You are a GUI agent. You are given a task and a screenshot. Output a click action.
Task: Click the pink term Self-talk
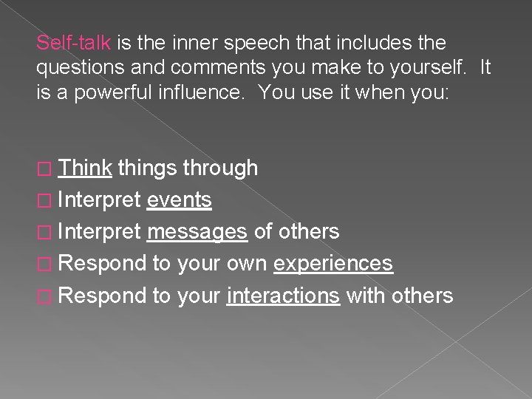(73, 44)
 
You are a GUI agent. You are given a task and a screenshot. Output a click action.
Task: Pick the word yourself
(431, 69)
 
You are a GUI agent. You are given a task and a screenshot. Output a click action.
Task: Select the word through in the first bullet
(219, 168)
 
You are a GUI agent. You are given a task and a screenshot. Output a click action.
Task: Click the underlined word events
(180, 200)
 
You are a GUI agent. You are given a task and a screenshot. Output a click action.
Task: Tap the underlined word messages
(197, 232)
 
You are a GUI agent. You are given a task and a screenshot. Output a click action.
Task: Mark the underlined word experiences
(333, 264)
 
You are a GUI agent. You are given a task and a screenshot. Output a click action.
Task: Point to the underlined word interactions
(284, 296)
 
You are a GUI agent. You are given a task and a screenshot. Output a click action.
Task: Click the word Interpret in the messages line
(99, 232)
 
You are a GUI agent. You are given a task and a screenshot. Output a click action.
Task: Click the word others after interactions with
(424, 296)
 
